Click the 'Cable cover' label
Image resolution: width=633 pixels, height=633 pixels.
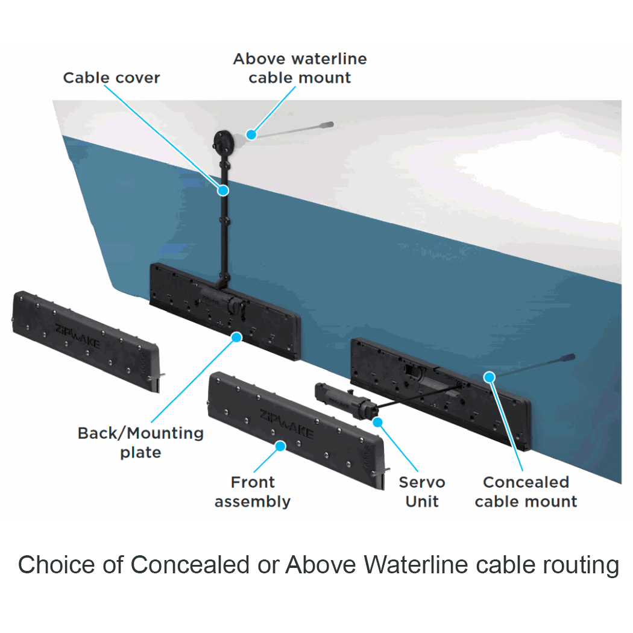pos(112,78)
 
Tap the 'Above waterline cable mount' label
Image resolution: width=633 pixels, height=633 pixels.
pos(300,68)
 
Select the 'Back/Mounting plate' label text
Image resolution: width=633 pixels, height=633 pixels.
pos(140,442)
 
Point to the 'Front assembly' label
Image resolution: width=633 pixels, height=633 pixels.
pos(253,491)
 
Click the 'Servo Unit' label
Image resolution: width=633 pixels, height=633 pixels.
pos(422,491)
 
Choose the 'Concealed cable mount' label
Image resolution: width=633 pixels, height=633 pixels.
pos(526,491)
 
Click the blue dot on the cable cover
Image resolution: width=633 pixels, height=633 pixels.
pos(224,191)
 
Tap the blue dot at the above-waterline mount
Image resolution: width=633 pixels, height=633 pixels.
pos(251,134)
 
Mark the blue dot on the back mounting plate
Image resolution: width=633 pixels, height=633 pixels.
pos(237,337)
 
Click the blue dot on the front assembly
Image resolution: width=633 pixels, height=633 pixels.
pos(280,446)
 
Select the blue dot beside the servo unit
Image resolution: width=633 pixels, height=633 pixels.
pos(378,422)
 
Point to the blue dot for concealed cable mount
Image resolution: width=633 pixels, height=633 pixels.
pos(490,377)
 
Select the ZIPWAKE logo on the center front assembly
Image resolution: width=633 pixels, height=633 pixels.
pos(286,424)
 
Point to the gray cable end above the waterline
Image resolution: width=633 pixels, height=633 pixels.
pos(326,125)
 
